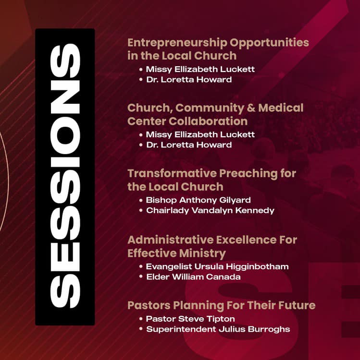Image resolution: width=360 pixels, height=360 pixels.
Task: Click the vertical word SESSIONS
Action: pos(65,176)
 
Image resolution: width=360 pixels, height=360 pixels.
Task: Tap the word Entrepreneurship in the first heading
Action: pos(177,43)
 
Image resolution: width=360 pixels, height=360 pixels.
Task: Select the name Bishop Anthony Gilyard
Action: pos(198,200)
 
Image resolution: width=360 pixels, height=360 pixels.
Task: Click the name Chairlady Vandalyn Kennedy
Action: pos(210,211)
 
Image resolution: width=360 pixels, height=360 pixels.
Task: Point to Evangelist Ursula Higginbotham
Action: pos(217,266)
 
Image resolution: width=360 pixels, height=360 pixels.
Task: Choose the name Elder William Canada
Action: pos(193,277)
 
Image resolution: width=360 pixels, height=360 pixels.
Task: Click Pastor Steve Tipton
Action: pos(190,319)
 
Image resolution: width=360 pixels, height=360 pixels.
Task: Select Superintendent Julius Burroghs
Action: pos(218,329)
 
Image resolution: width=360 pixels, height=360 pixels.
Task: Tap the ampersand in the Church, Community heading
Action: pos(251,108)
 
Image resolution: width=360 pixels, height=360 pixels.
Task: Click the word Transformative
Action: pos(172,173)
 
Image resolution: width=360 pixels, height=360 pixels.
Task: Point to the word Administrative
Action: pos(170,240)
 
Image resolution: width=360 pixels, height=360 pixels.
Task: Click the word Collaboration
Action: pos(208,121)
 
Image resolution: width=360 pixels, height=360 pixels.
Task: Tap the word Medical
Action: pos(281,108)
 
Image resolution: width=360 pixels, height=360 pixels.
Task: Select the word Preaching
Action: pos(248,174)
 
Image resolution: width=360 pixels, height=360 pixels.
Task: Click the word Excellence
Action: pos(247,240)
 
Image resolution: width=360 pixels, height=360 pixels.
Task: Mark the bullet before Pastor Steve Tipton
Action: pos(141,319)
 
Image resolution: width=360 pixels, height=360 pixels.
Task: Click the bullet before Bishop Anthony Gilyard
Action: pos(141,200)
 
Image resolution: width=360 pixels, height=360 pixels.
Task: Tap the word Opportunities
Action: pos(270,43)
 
